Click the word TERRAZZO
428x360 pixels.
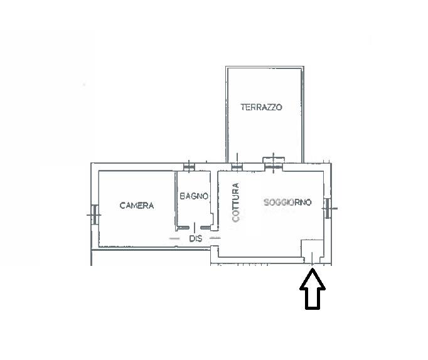[261, 107]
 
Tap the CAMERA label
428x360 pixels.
[137, 205]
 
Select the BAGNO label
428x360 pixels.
[194, 196]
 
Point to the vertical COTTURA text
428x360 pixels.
[235, 202]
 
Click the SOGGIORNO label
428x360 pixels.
[287, 202]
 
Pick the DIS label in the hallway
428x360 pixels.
[196, 238]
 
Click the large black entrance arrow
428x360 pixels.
[313, 289]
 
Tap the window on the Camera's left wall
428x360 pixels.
[94, 215]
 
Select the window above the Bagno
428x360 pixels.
[189, 167]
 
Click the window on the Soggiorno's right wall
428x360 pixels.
[328, 208]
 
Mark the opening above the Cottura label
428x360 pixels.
[237, 167]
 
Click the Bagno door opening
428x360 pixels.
[195, 228]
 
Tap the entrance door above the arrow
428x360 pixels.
[313, 260]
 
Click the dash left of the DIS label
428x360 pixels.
[174, 238]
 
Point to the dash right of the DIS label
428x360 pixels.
[215, 238]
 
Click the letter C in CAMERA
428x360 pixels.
[122, 205]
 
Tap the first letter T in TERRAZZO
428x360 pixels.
[243, 107]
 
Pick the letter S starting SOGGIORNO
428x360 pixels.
[267, 202]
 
